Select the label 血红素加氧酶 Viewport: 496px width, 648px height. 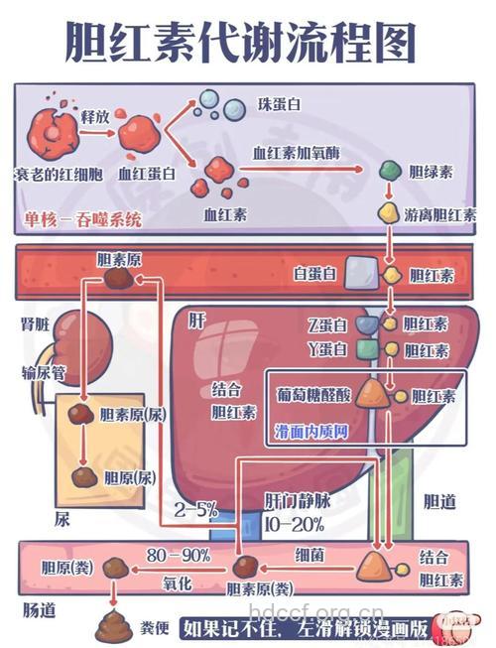pyautogui.click(x=296, y=153)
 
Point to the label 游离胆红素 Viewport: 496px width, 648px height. pyautogui.click(x=439, y=214)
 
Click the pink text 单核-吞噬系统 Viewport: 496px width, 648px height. pyautogui.click(x=83, y=218)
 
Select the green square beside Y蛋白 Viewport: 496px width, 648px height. pyautogui.click(x=366, y=349)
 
